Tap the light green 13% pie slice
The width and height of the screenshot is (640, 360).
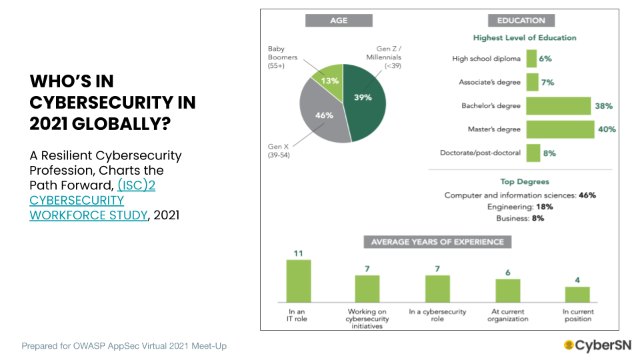click(x=329, y=78)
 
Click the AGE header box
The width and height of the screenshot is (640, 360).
click(x=339, y=21)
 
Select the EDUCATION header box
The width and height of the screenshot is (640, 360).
click(x=521, y=21)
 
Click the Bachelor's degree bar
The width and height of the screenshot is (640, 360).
click(x=559, y=105)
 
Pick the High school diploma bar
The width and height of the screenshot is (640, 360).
click(x=531, y=59)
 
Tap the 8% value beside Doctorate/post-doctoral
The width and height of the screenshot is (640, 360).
click(x=549, y=153)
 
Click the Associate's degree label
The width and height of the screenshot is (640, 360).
click(x=489, y=82)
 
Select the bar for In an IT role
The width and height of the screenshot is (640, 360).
click(x=299, y=280)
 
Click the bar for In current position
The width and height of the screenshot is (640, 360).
click(x=577, y=294)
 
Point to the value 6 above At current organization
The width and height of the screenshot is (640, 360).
click(x=507, y=272)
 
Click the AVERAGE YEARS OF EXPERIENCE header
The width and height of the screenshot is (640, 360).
click(x=437, y=241)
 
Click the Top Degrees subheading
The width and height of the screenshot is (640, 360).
click(x=524, y=181)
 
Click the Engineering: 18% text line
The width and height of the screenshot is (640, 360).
click(x=520, y=207)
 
